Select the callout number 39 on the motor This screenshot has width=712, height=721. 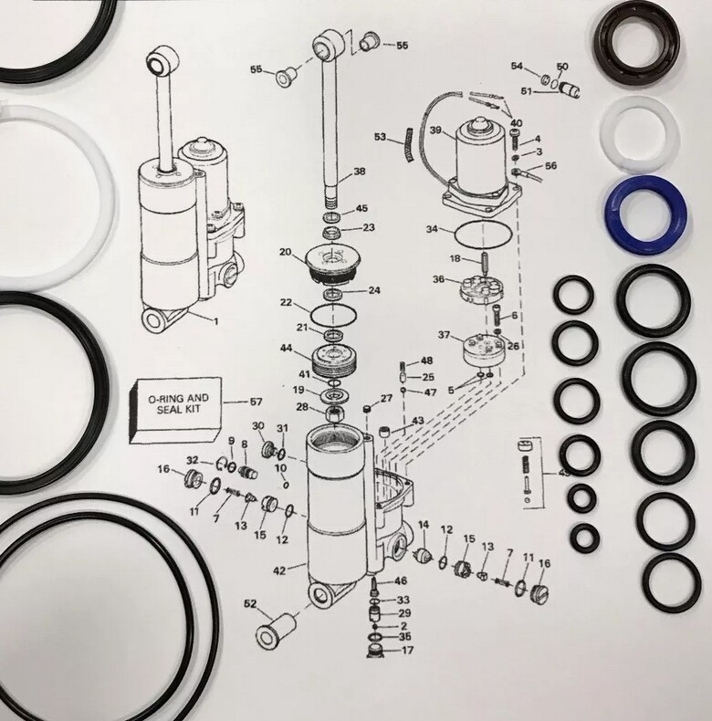click(435, 131)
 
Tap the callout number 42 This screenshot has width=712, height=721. click(279, 570)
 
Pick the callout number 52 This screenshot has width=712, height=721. click(250, 603)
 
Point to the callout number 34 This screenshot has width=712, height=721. click(432, 228)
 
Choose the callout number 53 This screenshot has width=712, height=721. click(380, 137)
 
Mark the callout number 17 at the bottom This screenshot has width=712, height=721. click(406, 651)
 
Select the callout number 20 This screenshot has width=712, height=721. click(285, 252)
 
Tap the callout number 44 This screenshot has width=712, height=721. click(286, 348)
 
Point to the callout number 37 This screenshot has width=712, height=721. click(444, 336)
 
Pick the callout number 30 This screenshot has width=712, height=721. click(257, 426)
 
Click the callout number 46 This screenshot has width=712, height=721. click(401, 580)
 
